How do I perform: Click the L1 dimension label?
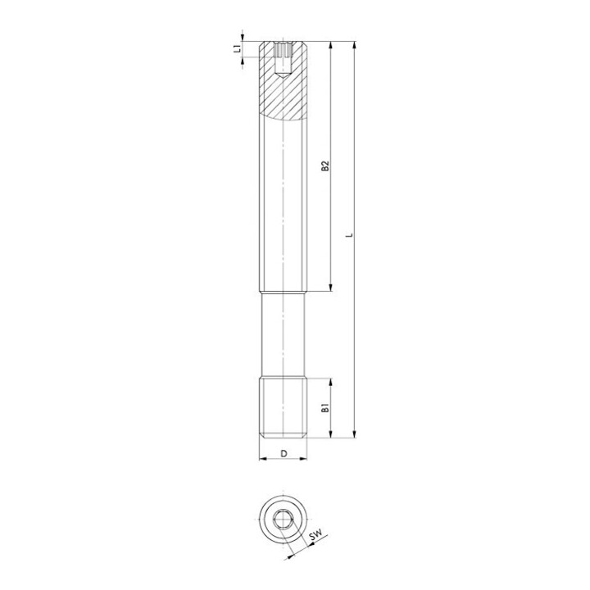[x=237, y=48]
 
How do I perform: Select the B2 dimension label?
[x=325, y=166]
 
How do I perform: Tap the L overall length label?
[x=350, y=235]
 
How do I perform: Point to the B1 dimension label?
[x=325, y=408]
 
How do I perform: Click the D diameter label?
[x=284, y=453]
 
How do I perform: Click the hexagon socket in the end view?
[x=283, y=520]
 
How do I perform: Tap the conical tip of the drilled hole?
[x=283, y=75]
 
